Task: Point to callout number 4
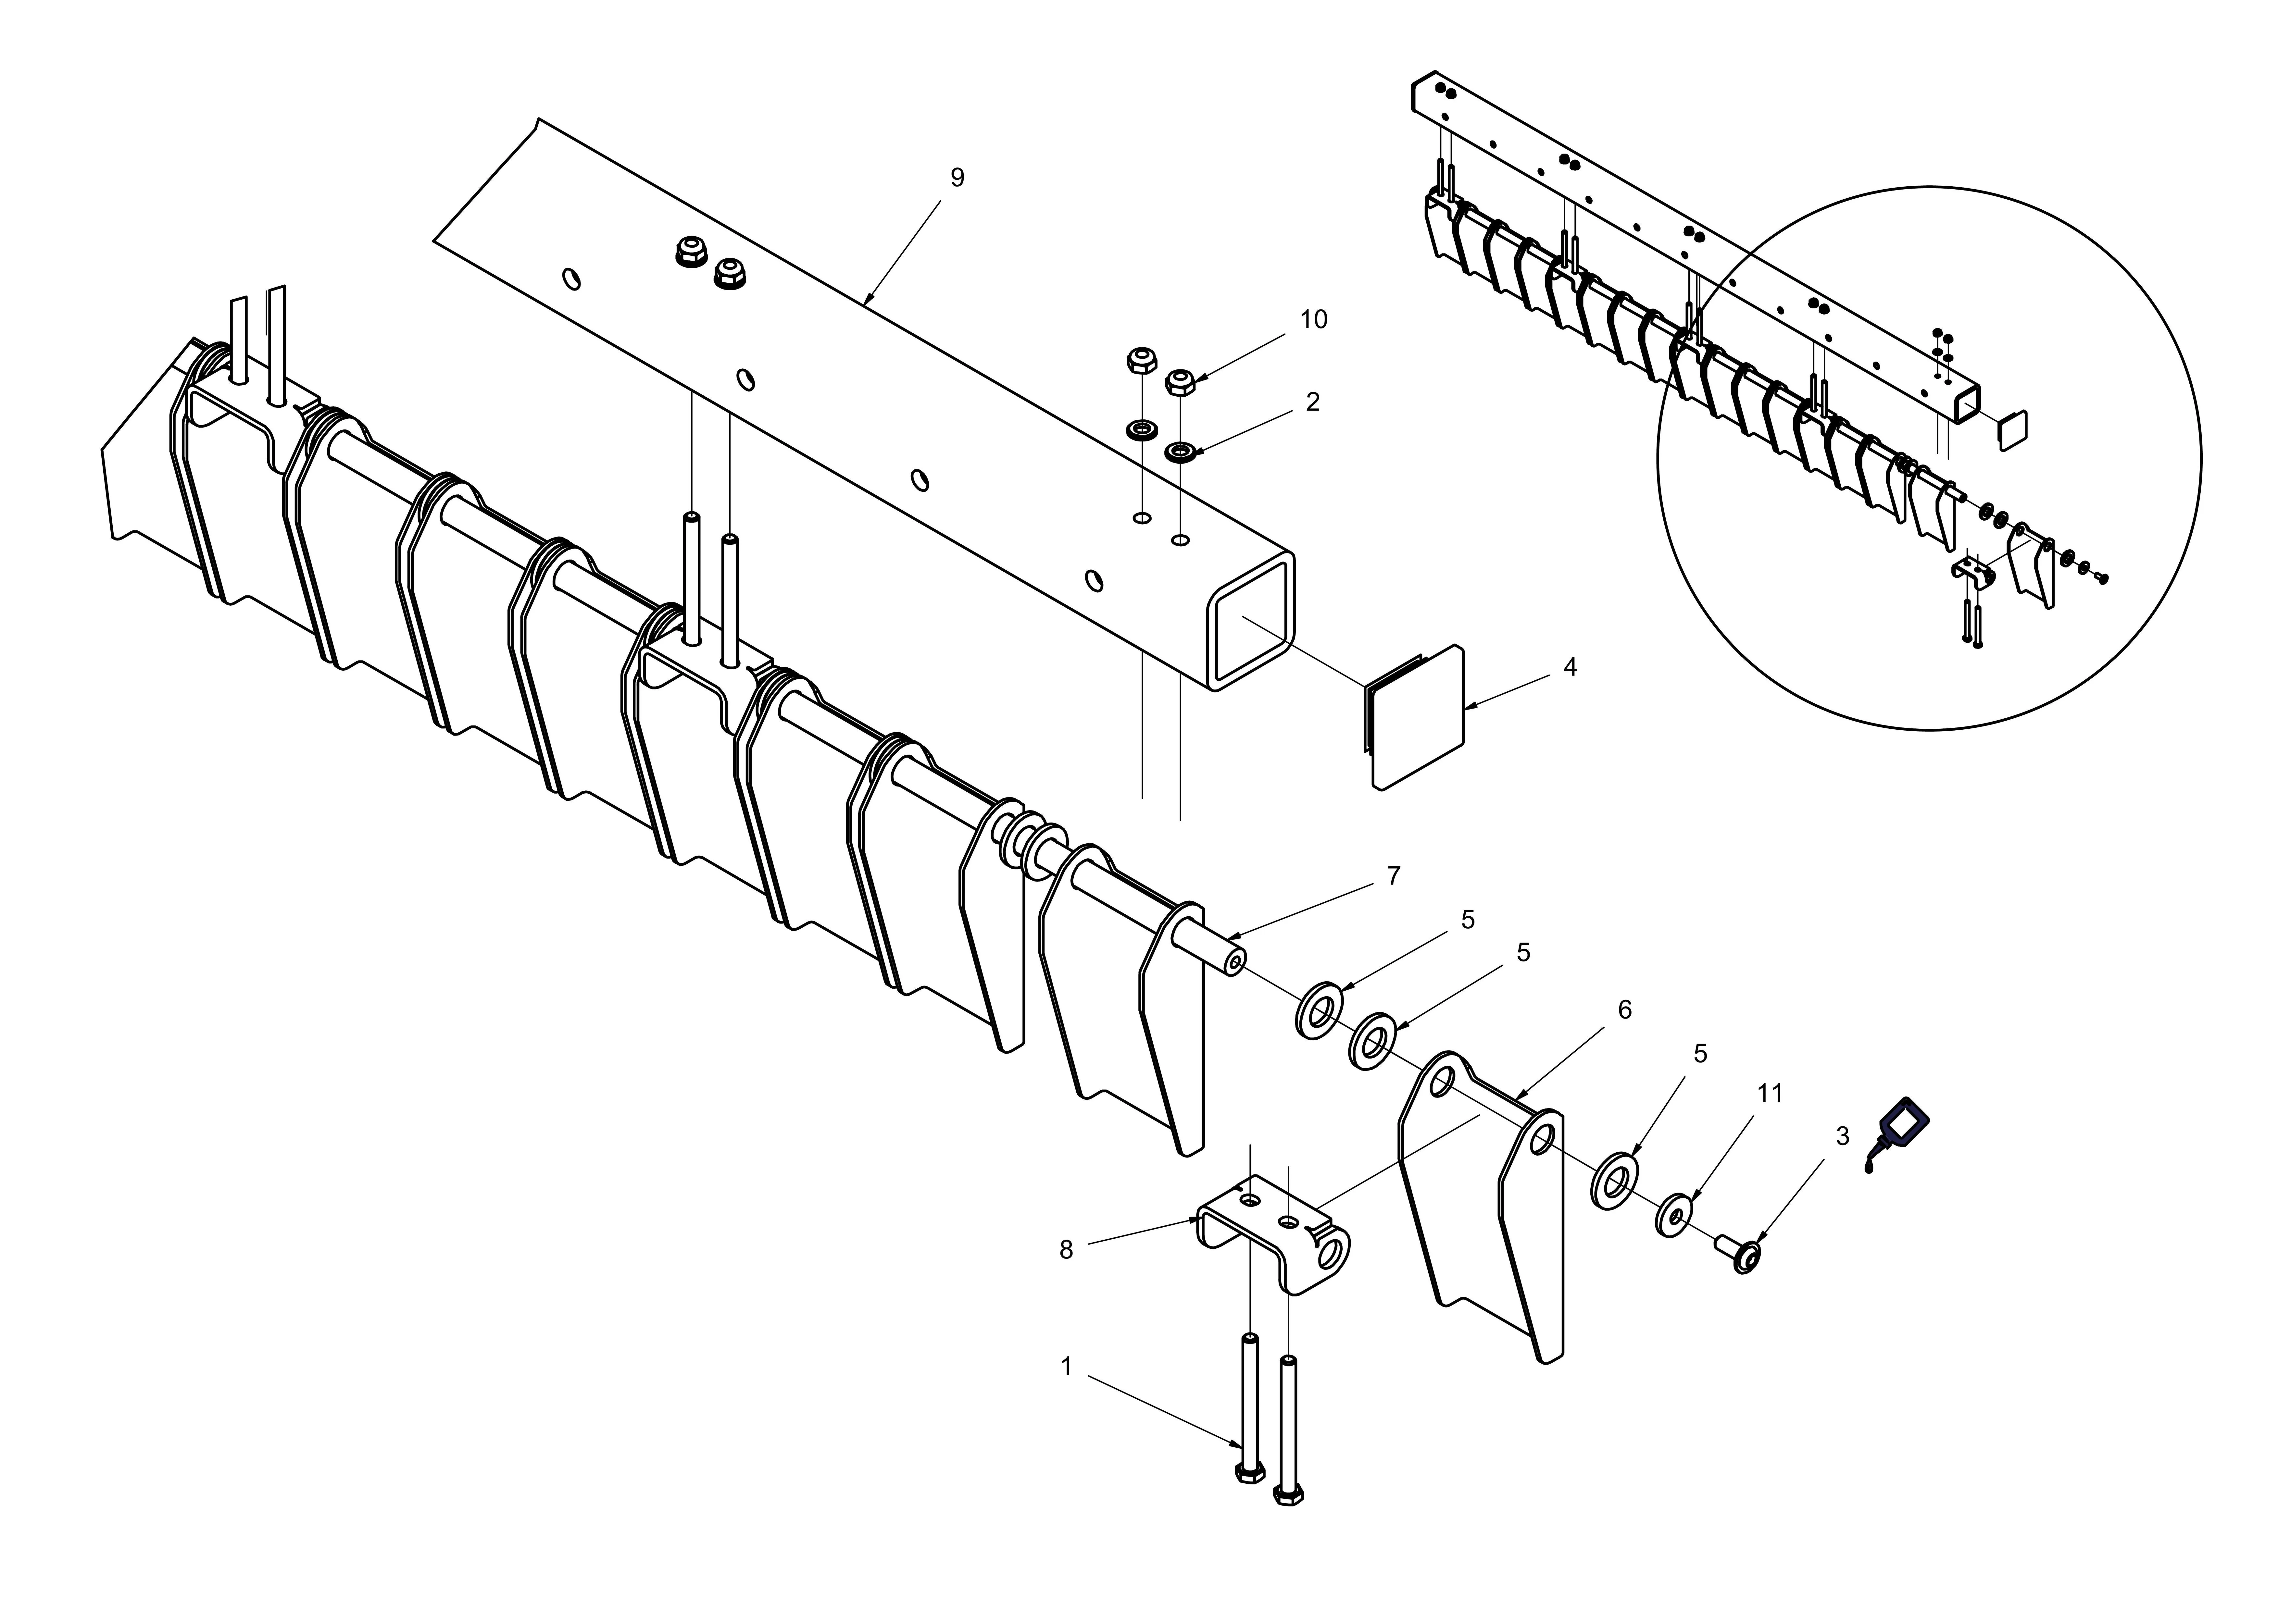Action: (1570, 667)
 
